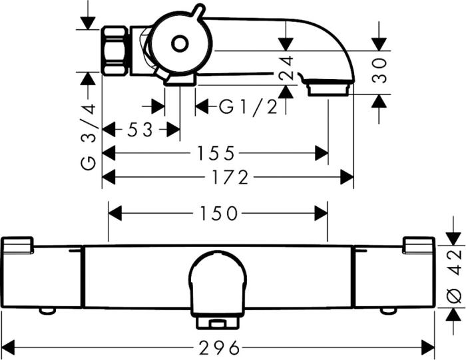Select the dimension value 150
pyautogui.click(x=218, y=214)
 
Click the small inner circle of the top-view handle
pyautogui.click(x=178, y=44)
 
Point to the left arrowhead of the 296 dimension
pyautogui.click(x=8, y=347)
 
